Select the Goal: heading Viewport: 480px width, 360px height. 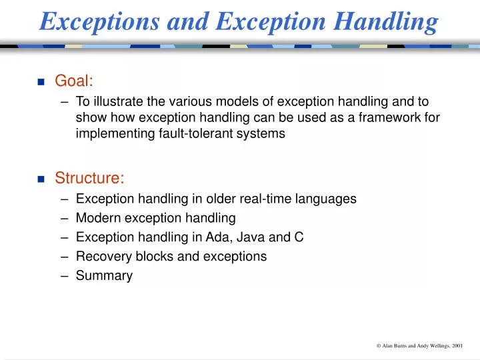pos(74,81)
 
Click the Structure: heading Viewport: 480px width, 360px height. pos(89,178)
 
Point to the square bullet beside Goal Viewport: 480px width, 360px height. pos(41,82)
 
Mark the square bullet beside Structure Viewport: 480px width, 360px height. pos(41,179)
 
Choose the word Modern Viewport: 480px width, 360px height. pos(97,218)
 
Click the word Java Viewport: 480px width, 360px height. pos(257,237)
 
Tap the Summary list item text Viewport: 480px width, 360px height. pos(104,275)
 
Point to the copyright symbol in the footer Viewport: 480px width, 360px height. pos(378,345)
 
